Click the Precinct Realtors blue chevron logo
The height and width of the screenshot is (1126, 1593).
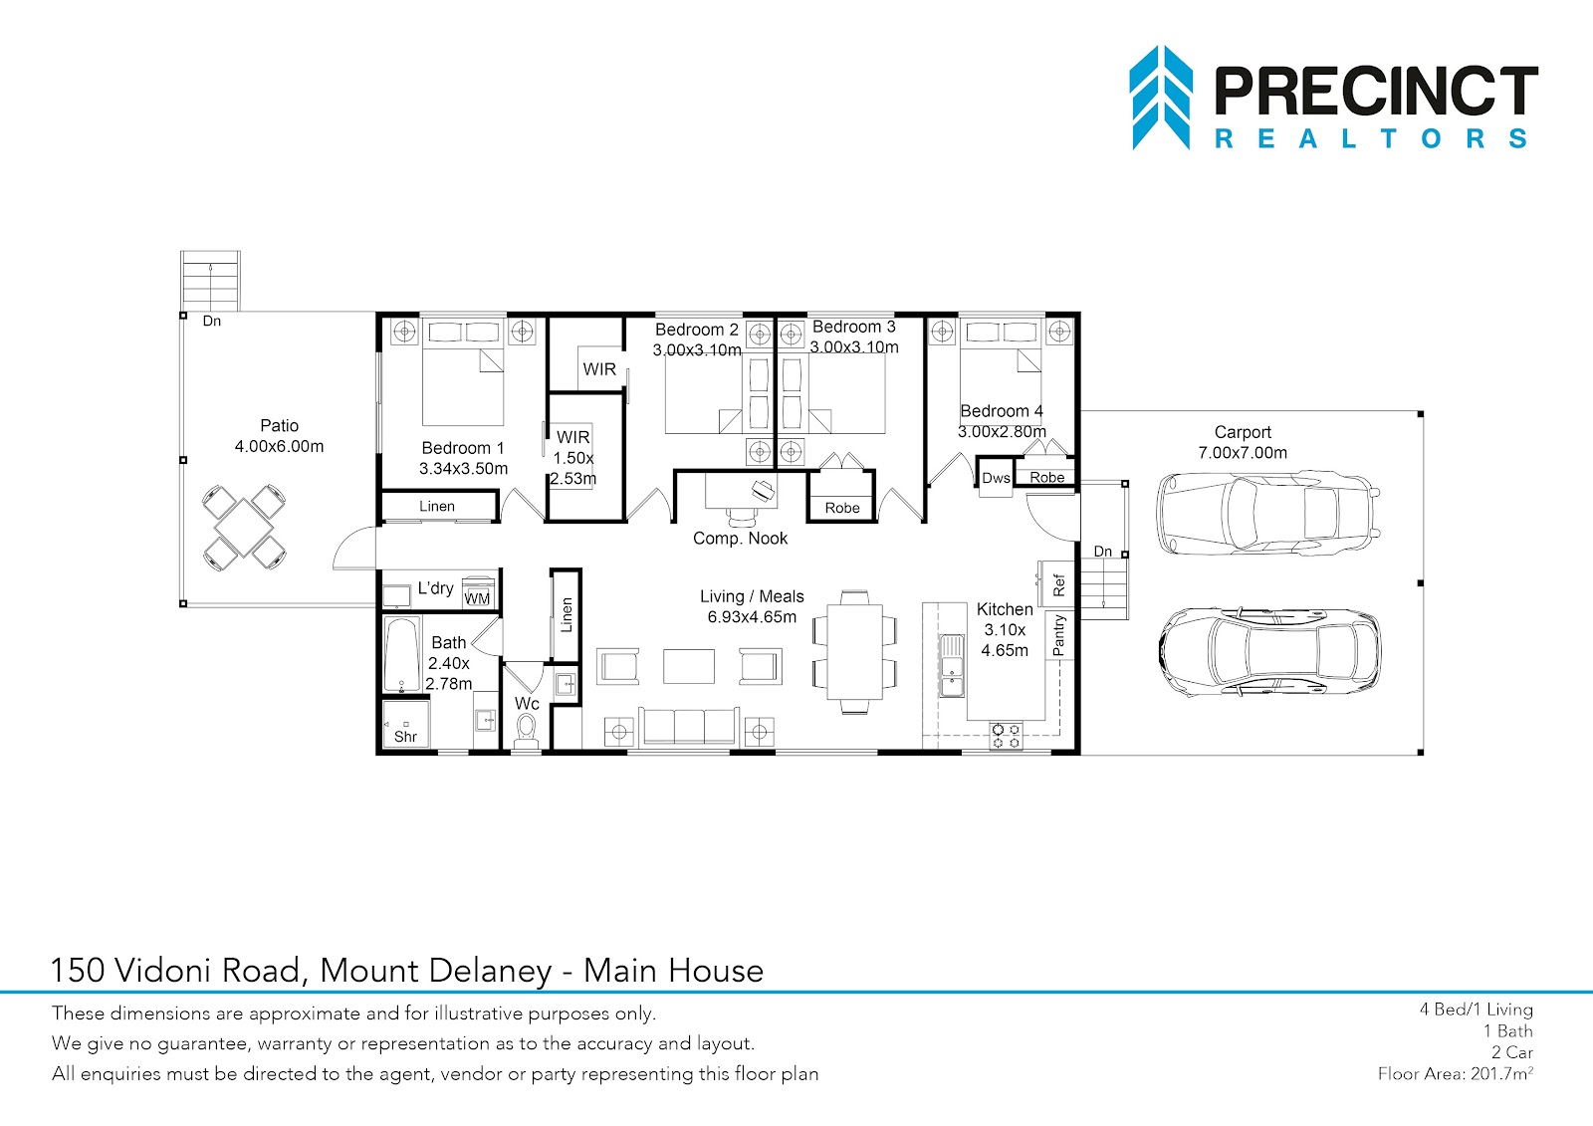(1161, 98)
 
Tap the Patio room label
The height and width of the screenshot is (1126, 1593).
(279, 425)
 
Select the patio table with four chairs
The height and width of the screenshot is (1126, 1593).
(244, 527)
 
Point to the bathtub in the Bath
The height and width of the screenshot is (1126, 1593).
(402, 655)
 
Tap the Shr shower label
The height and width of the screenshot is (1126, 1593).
(405, 737)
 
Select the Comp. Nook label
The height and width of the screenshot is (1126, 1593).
(741, 539)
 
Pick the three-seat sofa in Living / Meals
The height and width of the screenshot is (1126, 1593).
(688, 727)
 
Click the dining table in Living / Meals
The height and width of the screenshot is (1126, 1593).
(855, 651)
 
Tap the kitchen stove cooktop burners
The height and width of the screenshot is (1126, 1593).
(1007, 736)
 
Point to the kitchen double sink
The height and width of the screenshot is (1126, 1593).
(951, 666)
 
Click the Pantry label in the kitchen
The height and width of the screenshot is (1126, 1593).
(1059, 635)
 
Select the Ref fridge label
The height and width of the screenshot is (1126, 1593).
(1059, 584)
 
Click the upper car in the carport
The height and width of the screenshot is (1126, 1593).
(1268, 513)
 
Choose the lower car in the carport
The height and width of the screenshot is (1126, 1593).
(1270, 651)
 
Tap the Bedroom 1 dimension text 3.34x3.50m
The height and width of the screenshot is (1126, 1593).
(463, 469)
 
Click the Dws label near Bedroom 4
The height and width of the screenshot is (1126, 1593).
(996, 478)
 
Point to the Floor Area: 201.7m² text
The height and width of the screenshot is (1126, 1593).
(1455, 1072)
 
